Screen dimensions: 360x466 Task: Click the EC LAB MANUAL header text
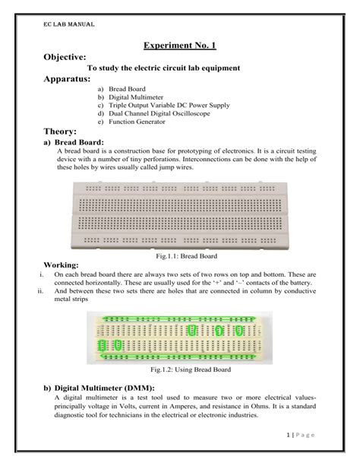(68, 24)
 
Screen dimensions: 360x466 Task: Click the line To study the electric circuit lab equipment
(164, 68)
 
